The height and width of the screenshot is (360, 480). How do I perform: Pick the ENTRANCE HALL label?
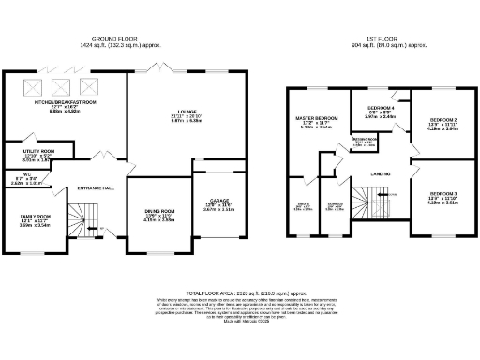point(97,187)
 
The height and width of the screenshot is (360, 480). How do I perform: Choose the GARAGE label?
point(218,201)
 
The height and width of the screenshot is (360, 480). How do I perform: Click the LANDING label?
point(380,174)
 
